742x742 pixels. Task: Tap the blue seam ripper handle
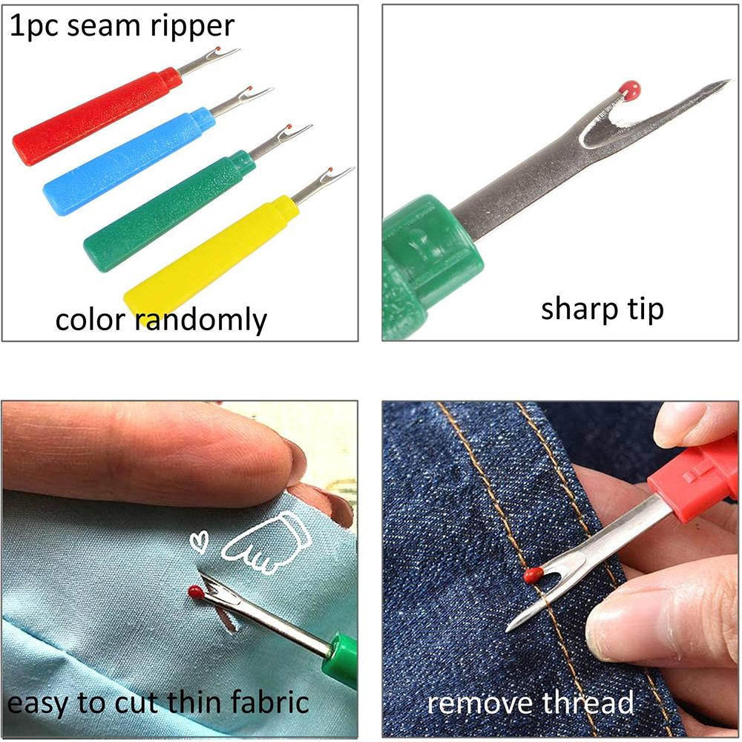126,160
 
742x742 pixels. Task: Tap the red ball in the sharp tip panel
629,91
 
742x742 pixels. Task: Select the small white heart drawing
198,542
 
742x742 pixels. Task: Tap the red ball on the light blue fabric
195,592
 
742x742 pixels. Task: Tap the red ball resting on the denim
532,574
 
